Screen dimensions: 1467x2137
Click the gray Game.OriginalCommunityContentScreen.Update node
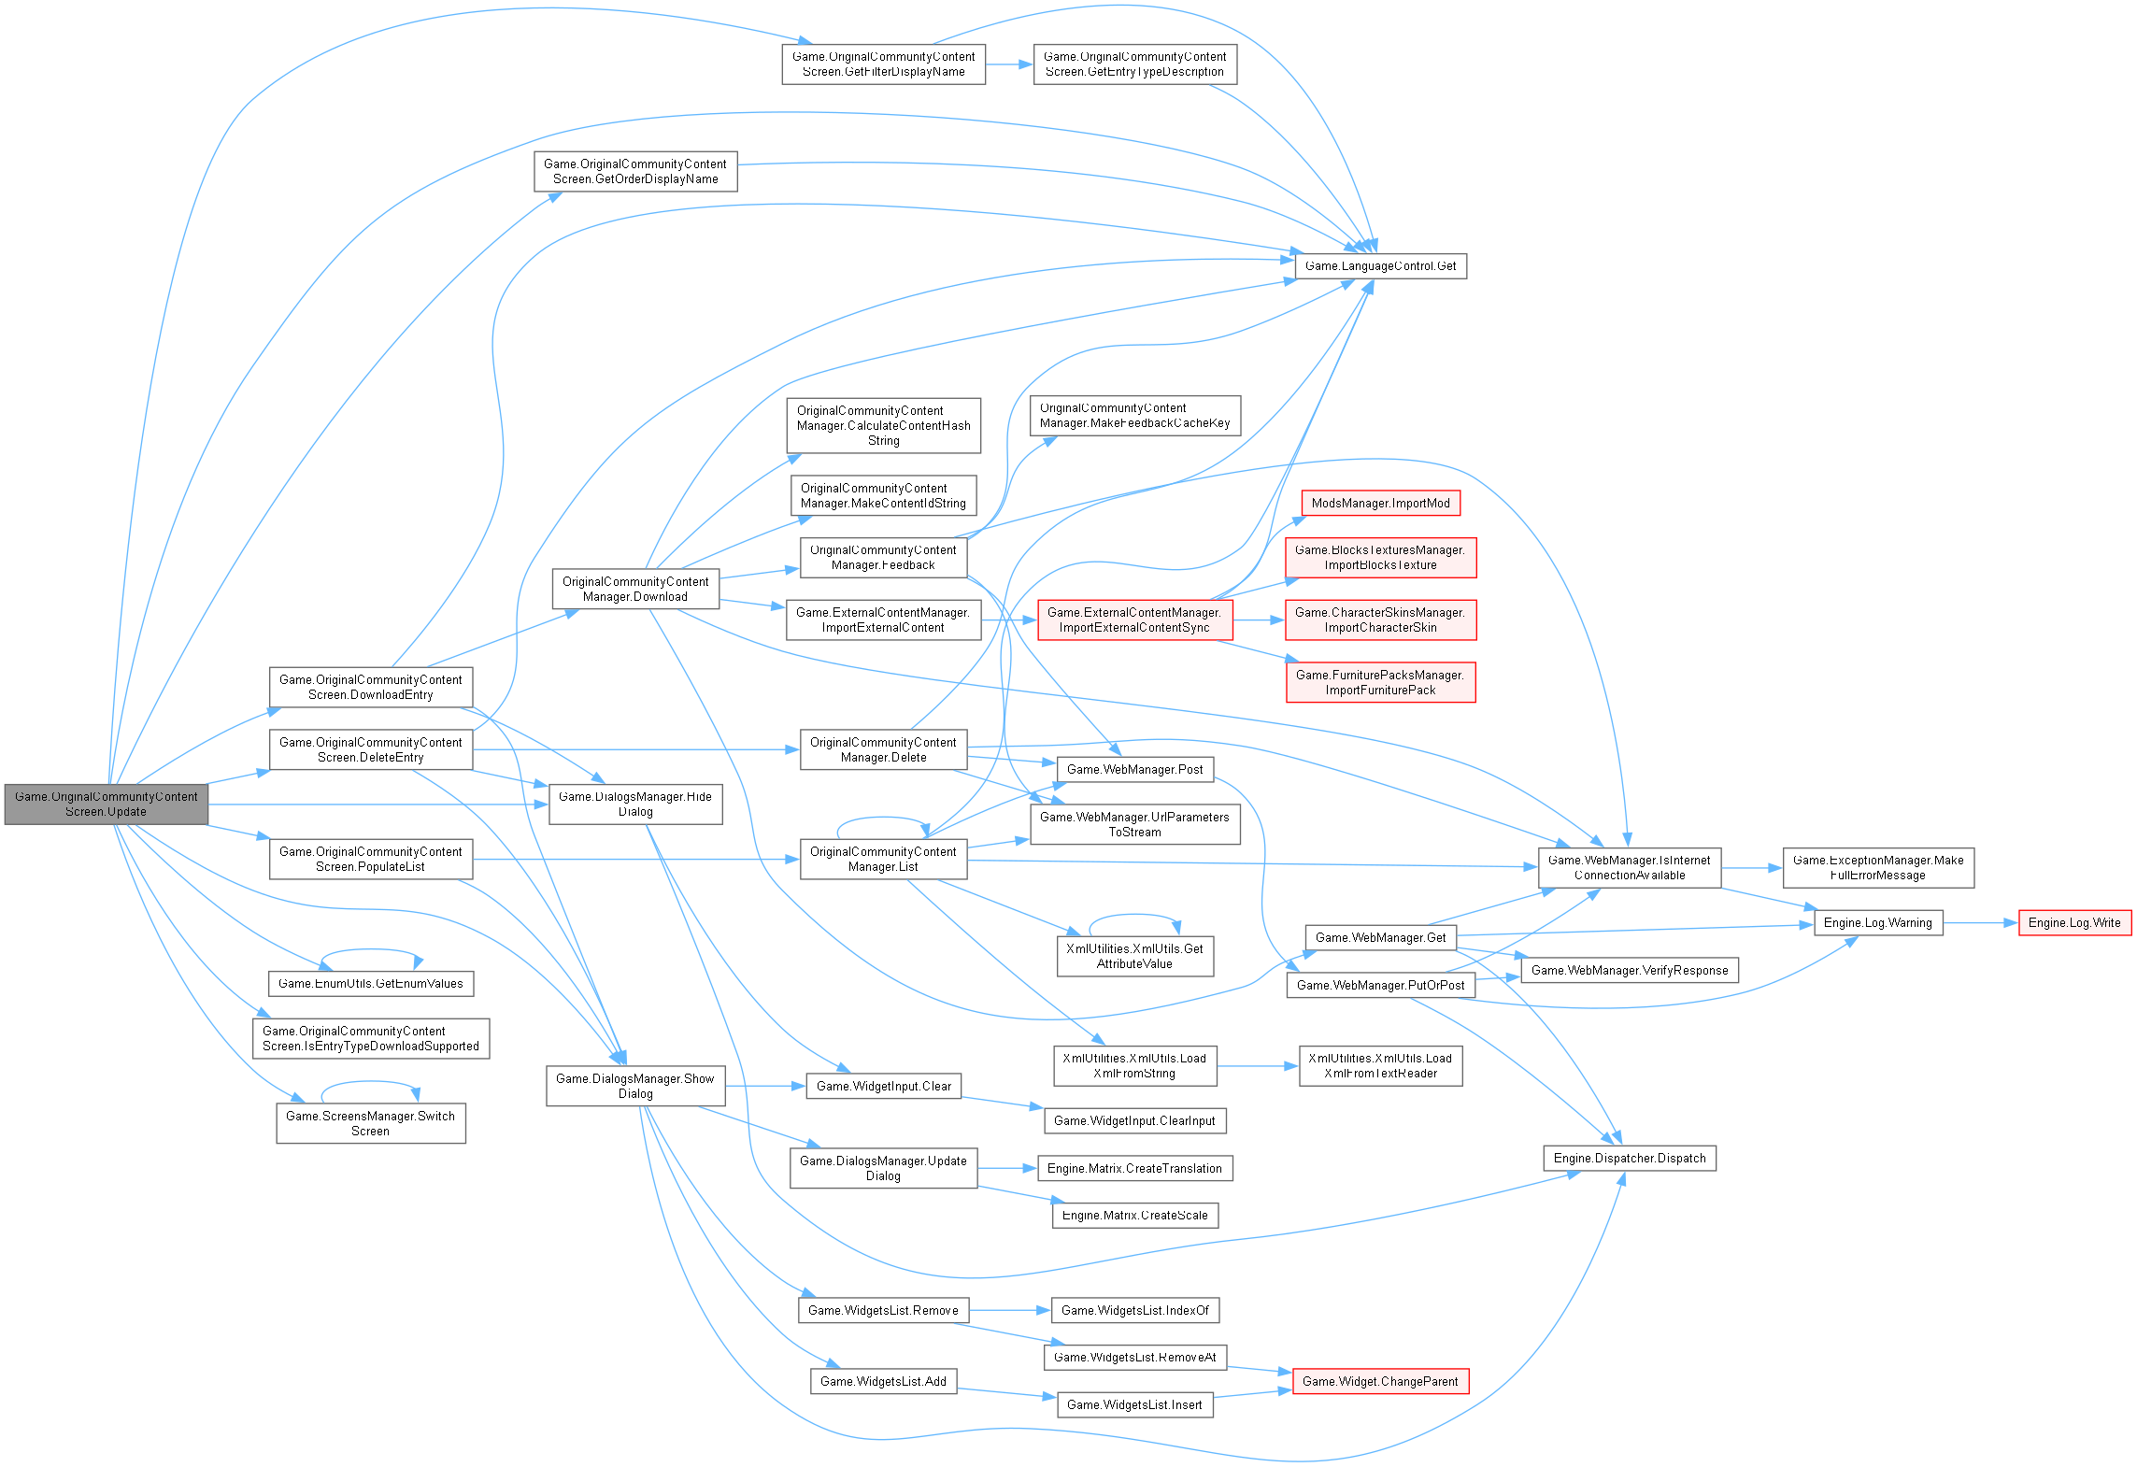[106, 805]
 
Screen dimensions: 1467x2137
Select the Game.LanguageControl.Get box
[1380, 266]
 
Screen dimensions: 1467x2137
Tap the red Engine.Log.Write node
[2074, 923]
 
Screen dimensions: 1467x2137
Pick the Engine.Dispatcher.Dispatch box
[1629, 1159]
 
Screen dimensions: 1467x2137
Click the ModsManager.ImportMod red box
[1380, 504]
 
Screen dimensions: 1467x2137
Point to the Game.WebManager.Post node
[1134, 770]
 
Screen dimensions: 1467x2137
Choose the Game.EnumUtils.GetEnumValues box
[370, 984]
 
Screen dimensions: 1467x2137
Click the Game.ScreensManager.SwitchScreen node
[370, 1124]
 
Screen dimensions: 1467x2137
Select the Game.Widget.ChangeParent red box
[1379, 1382]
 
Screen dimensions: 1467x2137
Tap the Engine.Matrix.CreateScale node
[1134, 1216]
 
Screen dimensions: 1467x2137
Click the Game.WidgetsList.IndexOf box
[1134, 1311]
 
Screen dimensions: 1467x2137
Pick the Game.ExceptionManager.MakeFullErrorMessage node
[1877, 868]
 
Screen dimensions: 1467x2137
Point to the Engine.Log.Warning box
[1877, 923]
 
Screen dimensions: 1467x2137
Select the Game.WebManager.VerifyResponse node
[1630, 971]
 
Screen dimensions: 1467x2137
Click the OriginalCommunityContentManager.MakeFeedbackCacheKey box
[1134, 416]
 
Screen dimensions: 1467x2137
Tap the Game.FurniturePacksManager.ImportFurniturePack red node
[1380, 683]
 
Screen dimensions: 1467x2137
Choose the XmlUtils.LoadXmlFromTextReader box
[1379, 1066]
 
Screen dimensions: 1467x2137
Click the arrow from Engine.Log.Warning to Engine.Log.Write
[1980, 923]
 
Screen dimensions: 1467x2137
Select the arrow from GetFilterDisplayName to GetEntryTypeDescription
[1008, 64]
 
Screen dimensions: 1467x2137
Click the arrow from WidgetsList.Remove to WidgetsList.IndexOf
[1008, 1311]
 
